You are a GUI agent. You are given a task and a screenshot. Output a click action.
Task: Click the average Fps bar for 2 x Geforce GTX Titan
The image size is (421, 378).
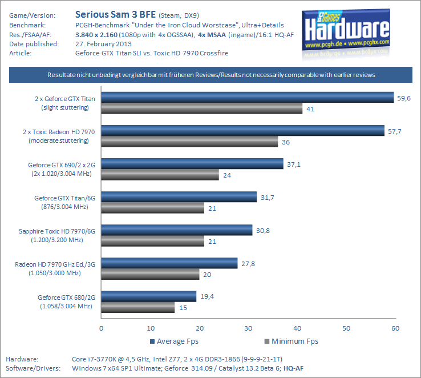[248, 98]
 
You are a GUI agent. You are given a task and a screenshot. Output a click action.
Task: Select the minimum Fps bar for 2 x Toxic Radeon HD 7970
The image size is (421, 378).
[189, 142]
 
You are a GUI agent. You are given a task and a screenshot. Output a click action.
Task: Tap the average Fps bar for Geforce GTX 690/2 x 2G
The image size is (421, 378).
[192, 164]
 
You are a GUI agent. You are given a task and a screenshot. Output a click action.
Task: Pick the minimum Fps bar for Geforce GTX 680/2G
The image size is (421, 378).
[138, 307]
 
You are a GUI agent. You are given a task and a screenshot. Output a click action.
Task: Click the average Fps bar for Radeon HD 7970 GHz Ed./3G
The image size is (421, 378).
[169, 263]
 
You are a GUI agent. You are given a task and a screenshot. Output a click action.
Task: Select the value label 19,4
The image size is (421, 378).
[207, 296]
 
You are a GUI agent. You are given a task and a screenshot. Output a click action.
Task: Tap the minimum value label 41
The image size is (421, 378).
[311, 108]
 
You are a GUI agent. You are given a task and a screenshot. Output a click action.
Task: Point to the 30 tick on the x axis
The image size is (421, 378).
[248, 328]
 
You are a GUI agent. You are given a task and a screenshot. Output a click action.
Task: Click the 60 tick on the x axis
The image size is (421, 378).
[395, 328]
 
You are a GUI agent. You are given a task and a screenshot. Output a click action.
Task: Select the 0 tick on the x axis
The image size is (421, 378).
[101, 328]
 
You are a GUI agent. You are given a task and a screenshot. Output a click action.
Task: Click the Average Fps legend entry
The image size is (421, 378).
[175, 341]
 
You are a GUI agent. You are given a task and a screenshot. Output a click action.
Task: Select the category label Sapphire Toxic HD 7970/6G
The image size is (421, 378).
[56, 231]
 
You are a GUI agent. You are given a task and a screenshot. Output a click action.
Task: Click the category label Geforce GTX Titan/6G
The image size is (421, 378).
[64, 198]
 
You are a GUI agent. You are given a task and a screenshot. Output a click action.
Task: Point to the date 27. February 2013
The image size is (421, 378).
[103, 43]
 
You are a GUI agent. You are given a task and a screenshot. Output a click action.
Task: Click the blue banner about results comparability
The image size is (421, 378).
[211, 75]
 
